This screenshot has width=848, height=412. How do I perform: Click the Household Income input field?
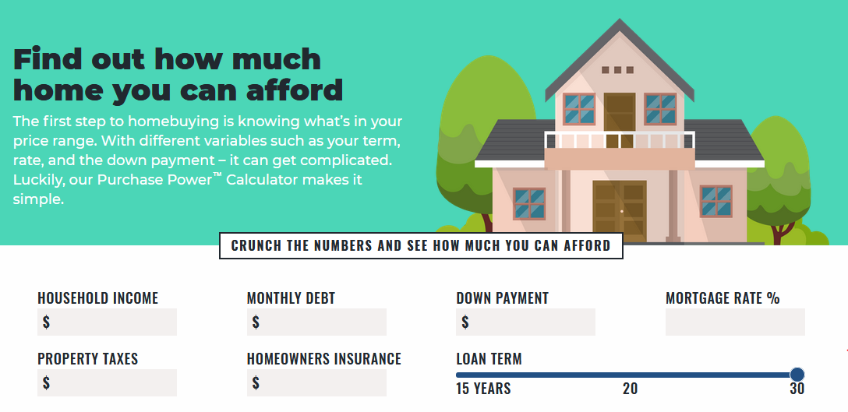point(107,322)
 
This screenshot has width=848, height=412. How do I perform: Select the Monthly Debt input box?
point(316,322)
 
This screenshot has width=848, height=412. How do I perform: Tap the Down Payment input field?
point(525,322)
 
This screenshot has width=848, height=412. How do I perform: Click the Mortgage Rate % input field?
point(735,322)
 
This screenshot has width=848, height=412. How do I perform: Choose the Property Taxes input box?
point(107,383)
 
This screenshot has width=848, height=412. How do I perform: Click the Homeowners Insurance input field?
point(316,383)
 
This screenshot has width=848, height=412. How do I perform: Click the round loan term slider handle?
point(797,374)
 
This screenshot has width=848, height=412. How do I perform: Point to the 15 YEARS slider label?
point(483,389)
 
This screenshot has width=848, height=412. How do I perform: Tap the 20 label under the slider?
point(630,389)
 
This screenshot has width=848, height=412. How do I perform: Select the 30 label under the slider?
point(797,389)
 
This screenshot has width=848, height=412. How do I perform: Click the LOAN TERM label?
point(489,359)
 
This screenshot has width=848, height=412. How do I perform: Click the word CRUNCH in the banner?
point(256,246)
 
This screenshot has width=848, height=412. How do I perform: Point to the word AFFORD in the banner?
point(588,246)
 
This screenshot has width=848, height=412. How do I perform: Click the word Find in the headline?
point(48,59)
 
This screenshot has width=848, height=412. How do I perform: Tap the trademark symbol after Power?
point(217,174)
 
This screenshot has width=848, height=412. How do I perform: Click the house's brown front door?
point(619,211)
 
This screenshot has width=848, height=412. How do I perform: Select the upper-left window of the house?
point(579,109)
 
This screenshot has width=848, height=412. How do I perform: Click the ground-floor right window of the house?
point(716,202)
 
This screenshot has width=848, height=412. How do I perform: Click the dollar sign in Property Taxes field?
point(47,383)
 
